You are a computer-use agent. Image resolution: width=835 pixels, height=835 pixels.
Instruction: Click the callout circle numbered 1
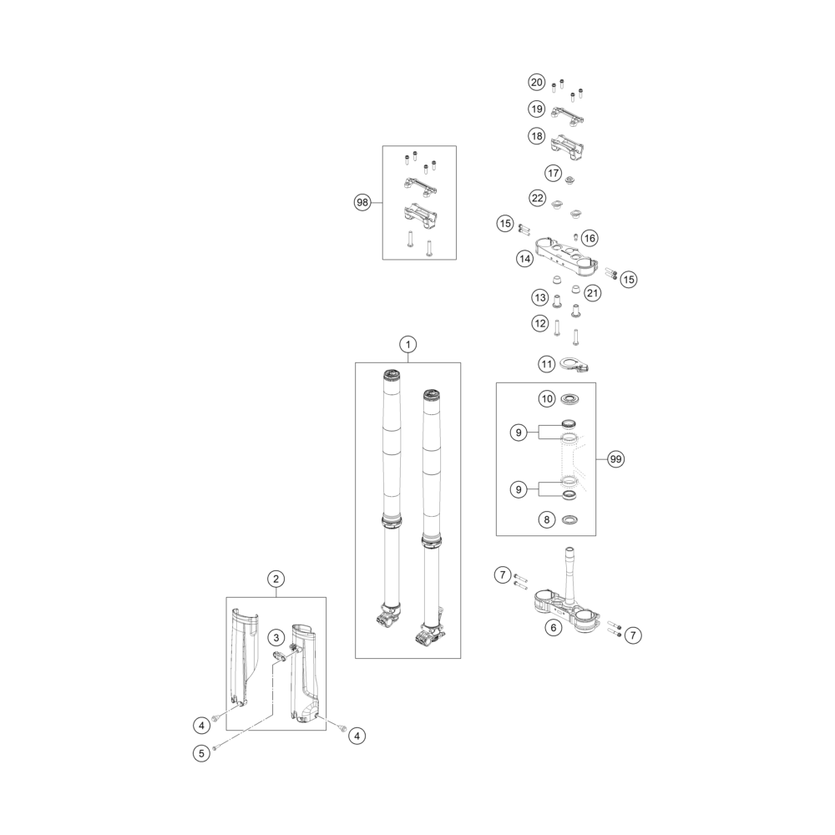click(x=408, y=345)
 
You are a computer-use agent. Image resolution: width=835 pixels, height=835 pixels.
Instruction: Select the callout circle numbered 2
click(x=276, y=579)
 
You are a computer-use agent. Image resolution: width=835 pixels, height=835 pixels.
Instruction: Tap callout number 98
click(x=362, y=202)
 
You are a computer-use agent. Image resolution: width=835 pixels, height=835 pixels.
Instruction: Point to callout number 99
click(x=615, y=459)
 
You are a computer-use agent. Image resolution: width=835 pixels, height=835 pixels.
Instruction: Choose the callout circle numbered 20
click(x=537, y=82)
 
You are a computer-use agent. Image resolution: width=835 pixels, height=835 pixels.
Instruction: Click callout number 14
click(x=524, y=259)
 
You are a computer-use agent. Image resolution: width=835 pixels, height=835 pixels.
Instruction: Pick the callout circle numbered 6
click(x=554, y=628)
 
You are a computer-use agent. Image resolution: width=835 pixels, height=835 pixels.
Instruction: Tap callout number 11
click(x=546, y=364)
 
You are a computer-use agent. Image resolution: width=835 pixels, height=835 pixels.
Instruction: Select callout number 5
click(x=201, y=753)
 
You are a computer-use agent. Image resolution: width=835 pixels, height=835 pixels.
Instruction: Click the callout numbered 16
click(x=590, y=238)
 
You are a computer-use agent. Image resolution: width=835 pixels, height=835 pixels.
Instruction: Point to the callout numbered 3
click(x=276, y=637)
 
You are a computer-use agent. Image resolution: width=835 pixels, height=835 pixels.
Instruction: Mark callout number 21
click(x=592, y=293)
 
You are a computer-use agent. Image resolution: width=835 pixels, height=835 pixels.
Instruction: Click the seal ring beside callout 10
click(x=569, y=398)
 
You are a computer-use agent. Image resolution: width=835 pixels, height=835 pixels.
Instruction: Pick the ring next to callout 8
click(x=569, y=519)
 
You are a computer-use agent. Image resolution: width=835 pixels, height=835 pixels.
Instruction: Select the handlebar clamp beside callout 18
click(x=567, y=146)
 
